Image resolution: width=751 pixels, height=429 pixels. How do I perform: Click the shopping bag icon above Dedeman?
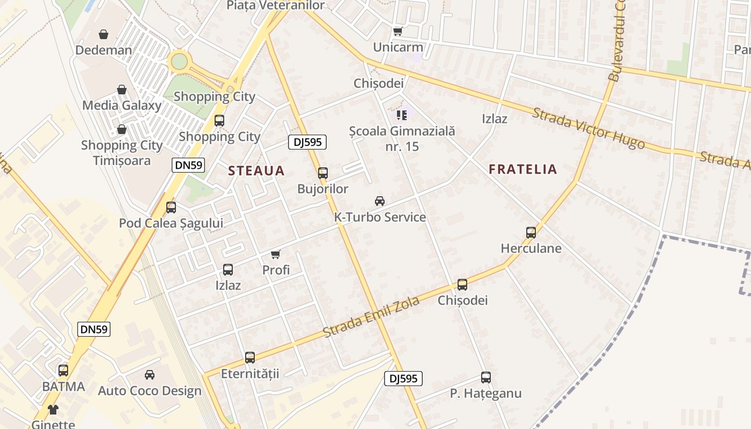point(104,35)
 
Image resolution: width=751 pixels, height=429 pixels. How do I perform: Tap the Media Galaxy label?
point(122,105)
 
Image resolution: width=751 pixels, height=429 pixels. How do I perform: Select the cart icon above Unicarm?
point(397,32)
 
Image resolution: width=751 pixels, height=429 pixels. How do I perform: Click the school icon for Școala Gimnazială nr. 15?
point(402,115)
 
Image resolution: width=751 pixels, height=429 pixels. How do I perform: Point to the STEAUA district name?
point(256,171)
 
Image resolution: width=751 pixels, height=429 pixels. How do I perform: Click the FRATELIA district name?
point(523,169)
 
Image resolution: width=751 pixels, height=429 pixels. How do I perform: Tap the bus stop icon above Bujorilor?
point(322,173)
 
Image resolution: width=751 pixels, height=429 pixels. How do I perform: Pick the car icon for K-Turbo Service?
point(380,201)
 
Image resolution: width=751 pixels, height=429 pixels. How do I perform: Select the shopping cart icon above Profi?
point(276,254)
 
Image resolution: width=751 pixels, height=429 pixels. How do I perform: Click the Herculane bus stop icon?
point(531,233)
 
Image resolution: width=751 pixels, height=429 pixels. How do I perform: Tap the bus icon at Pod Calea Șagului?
point(171,207)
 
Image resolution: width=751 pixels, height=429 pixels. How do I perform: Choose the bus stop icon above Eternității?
point(250,357)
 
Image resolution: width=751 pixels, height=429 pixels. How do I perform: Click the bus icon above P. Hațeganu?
point(485,378)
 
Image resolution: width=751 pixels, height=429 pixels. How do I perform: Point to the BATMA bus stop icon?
point(63,370)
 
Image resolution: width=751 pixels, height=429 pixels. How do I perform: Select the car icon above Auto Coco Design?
point(150,375)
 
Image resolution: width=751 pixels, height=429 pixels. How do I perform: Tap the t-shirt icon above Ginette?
point(53,410)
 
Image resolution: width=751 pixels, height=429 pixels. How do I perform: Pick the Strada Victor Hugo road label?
point(588,128)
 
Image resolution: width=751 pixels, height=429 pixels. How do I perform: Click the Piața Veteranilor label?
point(276,5)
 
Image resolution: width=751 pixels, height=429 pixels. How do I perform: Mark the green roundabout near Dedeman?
point(179,61)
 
